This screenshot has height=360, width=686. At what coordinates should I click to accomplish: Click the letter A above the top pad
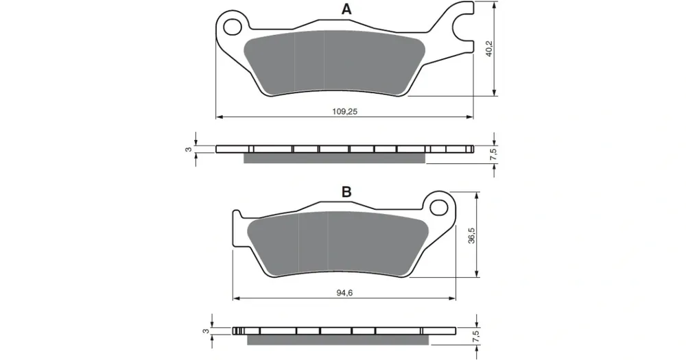(x=346, y=9)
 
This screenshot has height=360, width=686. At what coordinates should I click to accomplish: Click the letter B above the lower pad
(x=346, y=192)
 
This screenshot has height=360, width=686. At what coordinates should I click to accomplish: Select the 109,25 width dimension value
(x=345, y=112)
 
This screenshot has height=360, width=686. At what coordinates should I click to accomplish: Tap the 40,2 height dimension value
(x=489, y=48)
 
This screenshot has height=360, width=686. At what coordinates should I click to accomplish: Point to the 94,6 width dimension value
(x=345, y=293)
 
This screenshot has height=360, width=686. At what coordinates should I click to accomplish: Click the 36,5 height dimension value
(x=472, y=235)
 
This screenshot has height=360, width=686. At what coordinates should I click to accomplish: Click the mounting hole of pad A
(x=233, y=27)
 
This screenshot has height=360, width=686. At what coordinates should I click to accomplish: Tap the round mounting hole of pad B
(x=438, y=208)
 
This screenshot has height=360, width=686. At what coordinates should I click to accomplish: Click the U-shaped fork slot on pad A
(x=460, y=26)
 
